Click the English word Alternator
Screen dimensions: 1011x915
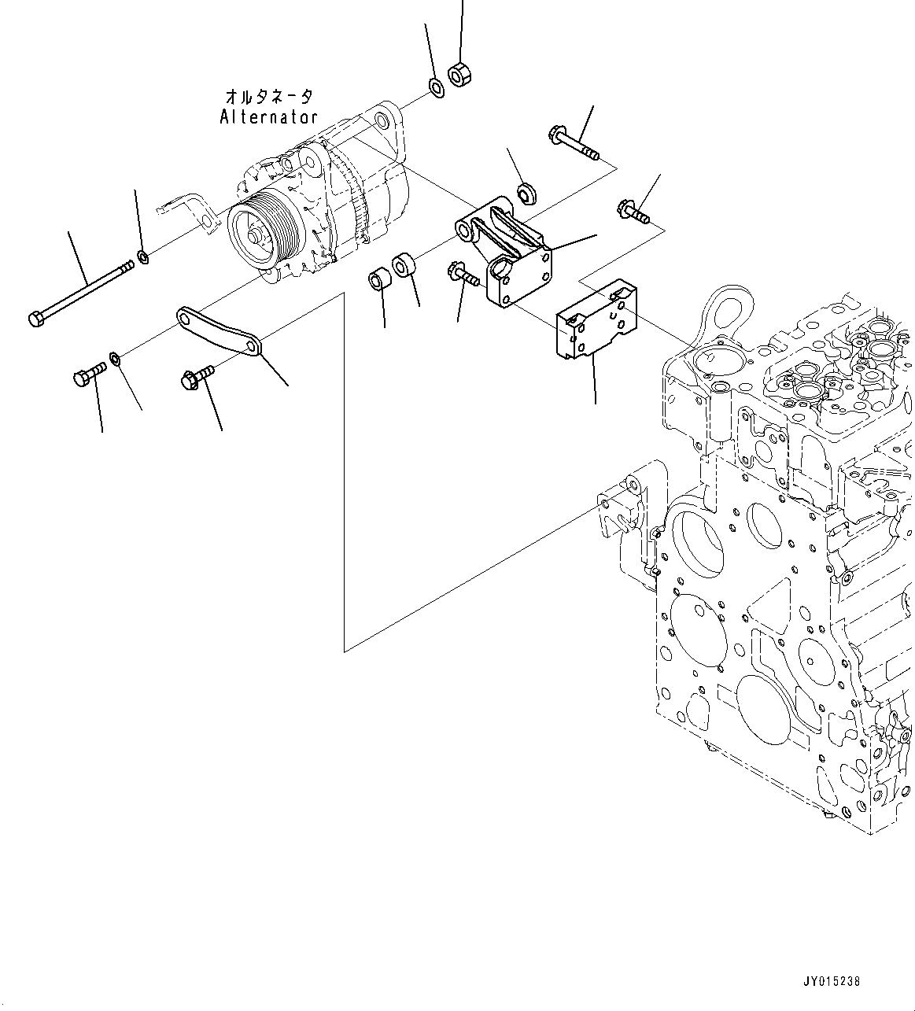tap(268, 117)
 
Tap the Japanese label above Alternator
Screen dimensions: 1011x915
tap(268, 97)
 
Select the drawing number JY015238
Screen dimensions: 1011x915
tap(832, 981)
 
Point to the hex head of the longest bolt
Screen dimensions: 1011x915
tap(35, 319)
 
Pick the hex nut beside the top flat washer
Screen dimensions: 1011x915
tap(459, 74)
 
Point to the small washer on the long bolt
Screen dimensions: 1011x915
tap(142, 256)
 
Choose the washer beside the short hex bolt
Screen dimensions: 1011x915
tap(115, 360)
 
